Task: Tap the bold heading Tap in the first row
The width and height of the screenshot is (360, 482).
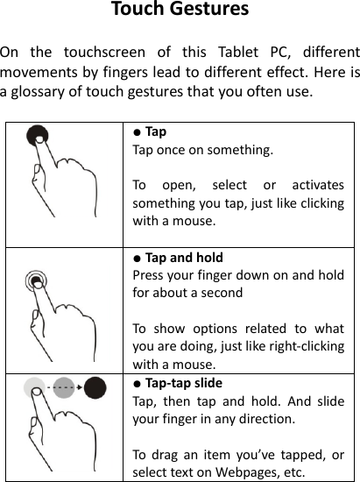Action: tap(155, 132)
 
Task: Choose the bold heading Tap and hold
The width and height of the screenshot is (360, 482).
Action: tap(184, 258)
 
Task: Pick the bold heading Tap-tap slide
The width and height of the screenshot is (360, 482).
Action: tap(184, 383)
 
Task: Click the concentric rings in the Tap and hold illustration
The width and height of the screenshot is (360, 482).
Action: tap(37, 281)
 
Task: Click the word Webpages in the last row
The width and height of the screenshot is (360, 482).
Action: tap(238, 472)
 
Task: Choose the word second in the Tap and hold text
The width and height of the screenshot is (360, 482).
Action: tap(222, 293)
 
